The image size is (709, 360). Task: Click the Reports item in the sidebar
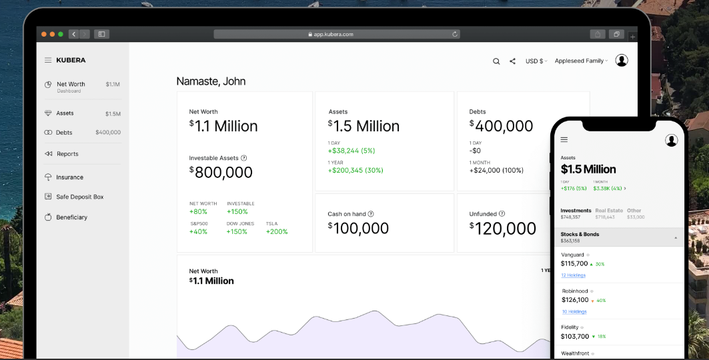pos(67,154)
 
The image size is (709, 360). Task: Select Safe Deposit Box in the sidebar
pos(79,197)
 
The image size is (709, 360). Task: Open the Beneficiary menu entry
pos(71,217)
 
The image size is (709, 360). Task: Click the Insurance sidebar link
pos(69,177)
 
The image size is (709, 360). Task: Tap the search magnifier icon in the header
pos(496,61)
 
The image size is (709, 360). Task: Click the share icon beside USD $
pos(512,61)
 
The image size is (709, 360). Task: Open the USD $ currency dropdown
pos(536,61)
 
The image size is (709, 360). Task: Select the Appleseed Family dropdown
pos(581,61)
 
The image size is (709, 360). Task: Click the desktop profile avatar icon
pos(622,61)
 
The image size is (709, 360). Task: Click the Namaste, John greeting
pos(211,81)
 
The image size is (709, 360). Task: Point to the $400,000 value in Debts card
pos(502,126)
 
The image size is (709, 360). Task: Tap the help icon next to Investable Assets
pos(243,158)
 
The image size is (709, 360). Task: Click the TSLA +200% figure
pos(277,232)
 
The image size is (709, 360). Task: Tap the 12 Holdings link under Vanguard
pos(573,275)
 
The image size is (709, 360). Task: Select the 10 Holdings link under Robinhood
pos(573,311)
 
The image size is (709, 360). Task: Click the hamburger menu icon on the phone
pos(564,140)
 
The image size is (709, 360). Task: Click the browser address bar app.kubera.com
pos(333,34)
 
